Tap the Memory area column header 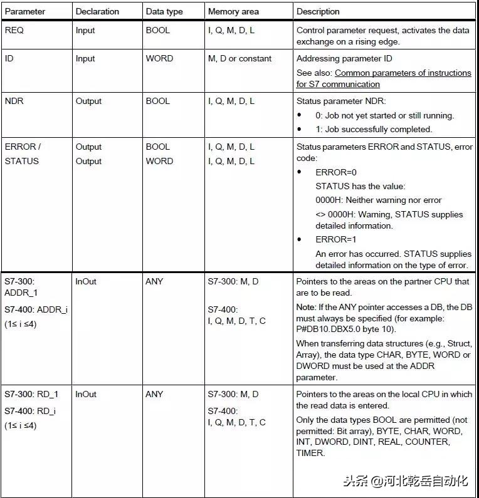click(x=233, y=11)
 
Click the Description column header click(x=318, y=11)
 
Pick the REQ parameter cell click(x=14, y=30)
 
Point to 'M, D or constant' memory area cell click(x=239, y=58)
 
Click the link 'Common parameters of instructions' click(x=403, y=73)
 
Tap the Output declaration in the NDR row click(x=88, y=101)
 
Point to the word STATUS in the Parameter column click(x=21, y=161)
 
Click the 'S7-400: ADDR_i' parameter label click(x=36, y=309)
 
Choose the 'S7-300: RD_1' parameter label click(x=31, y=394)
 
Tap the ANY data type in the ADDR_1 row click(x=154, y=281)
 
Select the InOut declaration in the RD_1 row click(x=86, y=394)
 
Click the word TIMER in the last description click(x=310, y=453)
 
